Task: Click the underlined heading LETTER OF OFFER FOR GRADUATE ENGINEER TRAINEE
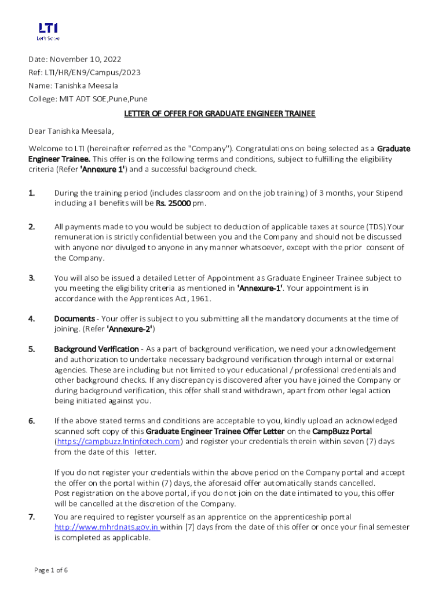click(x=220, y=114)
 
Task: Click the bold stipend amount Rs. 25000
click(x=174, y=203)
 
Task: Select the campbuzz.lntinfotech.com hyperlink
click(x=118, y=441)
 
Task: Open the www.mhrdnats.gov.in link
click(x=107, y=528)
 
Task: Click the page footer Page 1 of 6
click(x=51, y=570)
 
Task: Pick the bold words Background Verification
click(x=96, y=349)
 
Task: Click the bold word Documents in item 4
click(x=75, y=319)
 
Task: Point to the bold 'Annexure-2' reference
click(x=131, y=329)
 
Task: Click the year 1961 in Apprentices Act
click(x=200, y=299)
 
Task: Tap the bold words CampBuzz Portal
click(x=342, y=431)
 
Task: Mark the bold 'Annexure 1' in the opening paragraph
click(x=102, y=170)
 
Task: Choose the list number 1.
click(x=32, y=193)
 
